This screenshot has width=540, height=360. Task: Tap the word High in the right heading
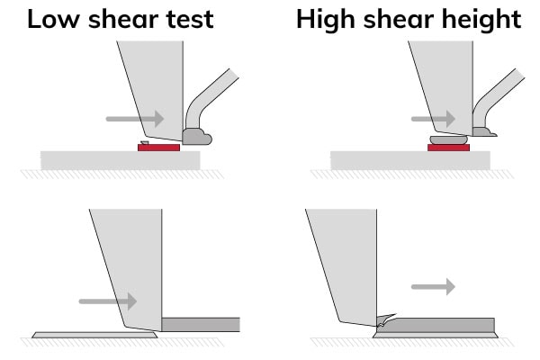point(326,21)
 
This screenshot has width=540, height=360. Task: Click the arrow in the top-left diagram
point(135,119)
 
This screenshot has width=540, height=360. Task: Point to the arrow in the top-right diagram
point(433,119)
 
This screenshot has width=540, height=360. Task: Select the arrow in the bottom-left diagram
point(108,301)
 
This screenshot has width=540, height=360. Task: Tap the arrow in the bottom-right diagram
point(433,286)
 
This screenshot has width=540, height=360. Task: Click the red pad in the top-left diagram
point(158,148)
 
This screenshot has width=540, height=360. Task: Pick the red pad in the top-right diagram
point(448,148)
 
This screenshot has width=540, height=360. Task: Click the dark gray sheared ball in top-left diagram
point(196,137)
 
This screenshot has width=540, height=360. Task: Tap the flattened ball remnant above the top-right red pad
point(449,139)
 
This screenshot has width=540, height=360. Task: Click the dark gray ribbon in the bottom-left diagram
point(201,325)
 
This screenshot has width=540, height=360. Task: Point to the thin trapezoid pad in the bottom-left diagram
point(94,335)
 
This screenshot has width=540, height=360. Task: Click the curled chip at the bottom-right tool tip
point(386,320)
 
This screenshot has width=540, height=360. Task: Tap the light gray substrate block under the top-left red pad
point(121,160)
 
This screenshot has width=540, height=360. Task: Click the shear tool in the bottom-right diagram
point(347,265)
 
